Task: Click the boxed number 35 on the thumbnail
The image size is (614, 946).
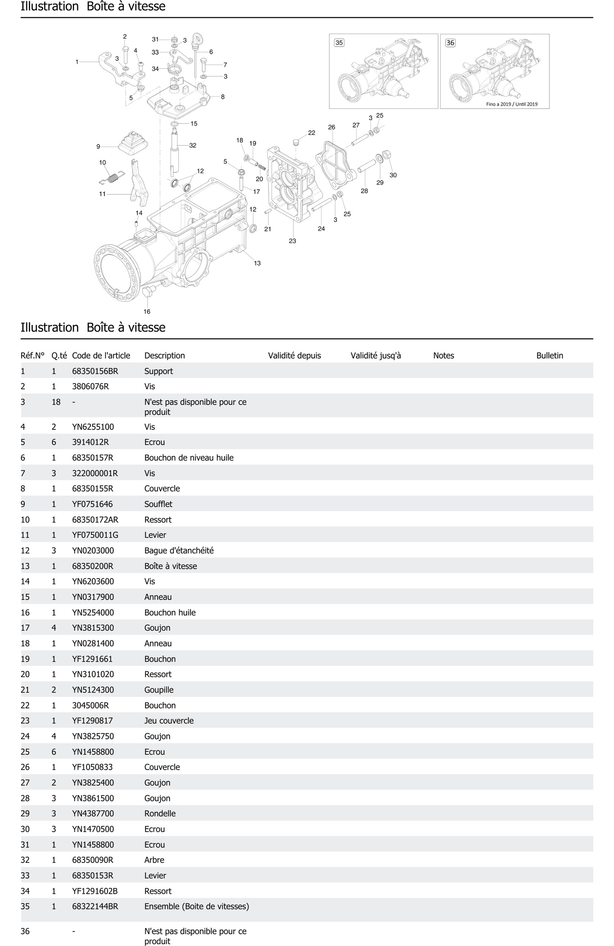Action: click(x=339, y=43)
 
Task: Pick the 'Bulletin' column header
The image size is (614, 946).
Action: click(x=550, y=355)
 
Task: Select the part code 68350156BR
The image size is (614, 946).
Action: click(x=95, y=371)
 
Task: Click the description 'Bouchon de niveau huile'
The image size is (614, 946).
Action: click(x=189, y=458)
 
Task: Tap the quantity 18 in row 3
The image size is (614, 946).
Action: click(x=56, y=402)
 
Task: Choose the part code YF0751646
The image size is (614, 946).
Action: click(x=92, y=504)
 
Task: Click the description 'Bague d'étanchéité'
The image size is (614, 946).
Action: click(x=179, y=550)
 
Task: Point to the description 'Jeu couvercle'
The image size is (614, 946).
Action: click(x=169, y=721)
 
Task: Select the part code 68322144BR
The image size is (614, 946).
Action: click(x=95, y=906)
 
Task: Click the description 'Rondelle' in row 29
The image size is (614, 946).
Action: click(x=160, y=813)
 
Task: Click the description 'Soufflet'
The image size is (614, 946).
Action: click(x=158, y=504)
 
